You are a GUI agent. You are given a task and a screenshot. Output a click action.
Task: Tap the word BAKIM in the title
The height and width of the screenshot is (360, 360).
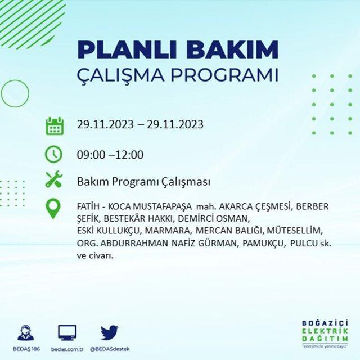click(x=232, y=49)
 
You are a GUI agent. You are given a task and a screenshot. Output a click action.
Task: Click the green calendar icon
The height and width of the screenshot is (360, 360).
click(x=55, y=126)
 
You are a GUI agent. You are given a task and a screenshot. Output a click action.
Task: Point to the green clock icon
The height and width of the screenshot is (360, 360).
click(x=53, y=154)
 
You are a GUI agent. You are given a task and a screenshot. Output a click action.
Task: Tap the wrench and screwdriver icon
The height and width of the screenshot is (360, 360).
click(x=54, y=179)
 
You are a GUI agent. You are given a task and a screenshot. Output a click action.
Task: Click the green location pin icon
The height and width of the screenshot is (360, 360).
click(x=53, y=209)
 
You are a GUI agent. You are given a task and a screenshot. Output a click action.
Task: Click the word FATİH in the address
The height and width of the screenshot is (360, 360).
click(x=88, y=206)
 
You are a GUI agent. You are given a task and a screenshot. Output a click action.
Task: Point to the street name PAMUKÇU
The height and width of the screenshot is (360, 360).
click(x=264, y=244)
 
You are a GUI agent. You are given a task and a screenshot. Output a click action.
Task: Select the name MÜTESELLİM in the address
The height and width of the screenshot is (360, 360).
click(x=295, y=231)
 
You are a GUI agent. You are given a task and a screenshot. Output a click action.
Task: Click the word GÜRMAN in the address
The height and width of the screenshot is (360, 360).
click(x=217, y=244)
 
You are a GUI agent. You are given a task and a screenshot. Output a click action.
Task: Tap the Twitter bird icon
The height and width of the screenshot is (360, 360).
click(x=110, y=332)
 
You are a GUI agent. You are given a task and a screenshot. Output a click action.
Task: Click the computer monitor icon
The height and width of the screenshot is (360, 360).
click(x=67, y=333)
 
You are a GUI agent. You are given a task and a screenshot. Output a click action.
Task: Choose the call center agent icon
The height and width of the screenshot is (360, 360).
click(x=26, y=332)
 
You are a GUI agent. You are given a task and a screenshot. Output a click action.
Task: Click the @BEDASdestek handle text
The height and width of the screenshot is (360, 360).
click(x=110, y=349)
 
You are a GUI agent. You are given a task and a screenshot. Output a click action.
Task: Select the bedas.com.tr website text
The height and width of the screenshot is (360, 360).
click(x=67, y=349)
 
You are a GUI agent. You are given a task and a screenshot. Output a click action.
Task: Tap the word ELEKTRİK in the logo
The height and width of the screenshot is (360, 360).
click(x=325, y=331)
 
